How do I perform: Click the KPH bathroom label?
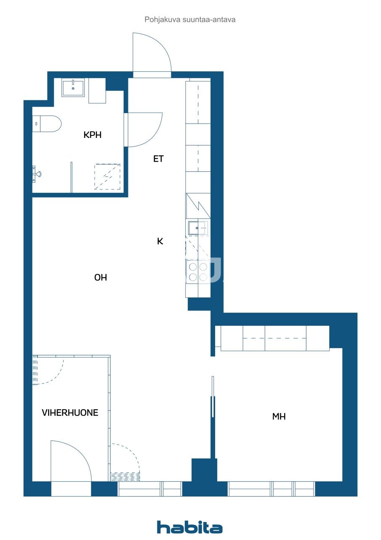92,135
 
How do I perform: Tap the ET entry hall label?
158,159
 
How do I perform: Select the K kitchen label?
160,241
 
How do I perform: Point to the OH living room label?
101,278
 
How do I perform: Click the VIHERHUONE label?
70,413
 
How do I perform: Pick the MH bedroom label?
279,416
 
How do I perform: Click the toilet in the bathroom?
47,124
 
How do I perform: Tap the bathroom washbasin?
73,88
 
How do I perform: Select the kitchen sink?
198,227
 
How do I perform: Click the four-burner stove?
198,272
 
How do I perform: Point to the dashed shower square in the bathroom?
107,176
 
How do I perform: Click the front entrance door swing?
152,52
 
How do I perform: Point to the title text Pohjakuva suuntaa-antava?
190,19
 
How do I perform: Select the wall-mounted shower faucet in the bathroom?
36,174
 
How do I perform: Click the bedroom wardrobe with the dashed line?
274,338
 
